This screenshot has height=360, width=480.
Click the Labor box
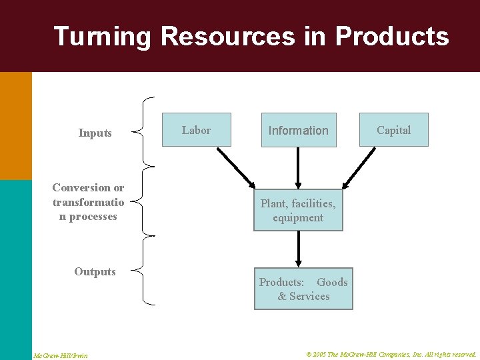[196, 130]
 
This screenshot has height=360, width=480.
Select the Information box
[298, 130]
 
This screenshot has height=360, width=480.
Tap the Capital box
[393, 130]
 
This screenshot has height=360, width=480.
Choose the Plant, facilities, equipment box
[298, 211]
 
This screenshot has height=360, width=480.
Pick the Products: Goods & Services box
[303, 289]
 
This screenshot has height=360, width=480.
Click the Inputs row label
[95, 133]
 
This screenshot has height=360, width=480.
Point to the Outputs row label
[95, 271]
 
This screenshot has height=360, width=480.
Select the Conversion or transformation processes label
[88, 202]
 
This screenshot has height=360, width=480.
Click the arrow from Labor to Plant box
[236, 167]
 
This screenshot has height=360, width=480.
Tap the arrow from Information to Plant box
[298, 167]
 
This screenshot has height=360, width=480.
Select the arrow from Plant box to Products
[298, 249]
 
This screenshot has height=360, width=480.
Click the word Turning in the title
[103, 36]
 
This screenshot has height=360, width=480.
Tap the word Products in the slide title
[392, 36]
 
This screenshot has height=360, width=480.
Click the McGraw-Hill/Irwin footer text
[61, 355]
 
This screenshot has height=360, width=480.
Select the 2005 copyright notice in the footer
[391, 355]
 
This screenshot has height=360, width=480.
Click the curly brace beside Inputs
[144, 132]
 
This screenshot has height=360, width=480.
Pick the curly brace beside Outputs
[144, 271]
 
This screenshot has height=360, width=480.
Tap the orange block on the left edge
[15, 125]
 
